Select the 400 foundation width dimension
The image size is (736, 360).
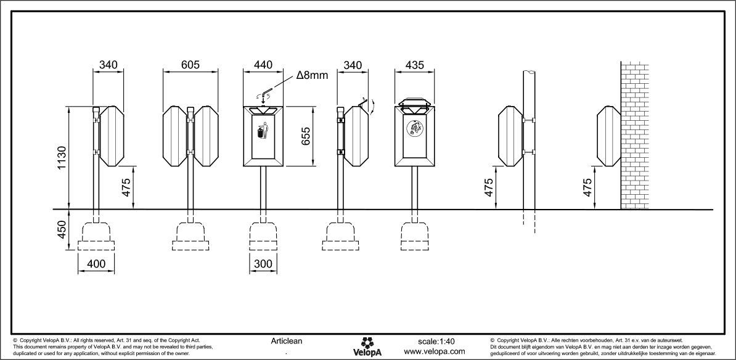click(x=97, y=264)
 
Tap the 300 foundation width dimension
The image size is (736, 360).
click(x=263, y=264)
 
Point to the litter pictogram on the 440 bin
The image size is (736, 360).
click(x=262, y=131)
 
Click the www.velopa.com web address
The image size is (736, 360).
click(x=434, y=351)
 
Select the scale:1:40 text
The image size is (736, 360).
click(x=436, y=341)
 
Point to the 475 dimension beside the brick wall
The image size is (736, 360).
click(x=587, y=187)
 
